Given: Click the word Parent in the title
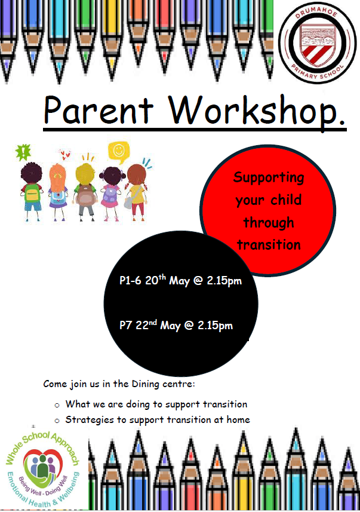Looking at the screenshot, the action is pos(99,110).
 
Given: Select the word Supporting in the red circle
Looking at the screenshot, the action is pos(269,178).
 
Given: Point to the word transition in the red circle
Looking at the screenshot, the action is pos(269,244).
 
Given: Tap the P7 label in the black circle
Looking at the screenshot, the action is pos(125,325).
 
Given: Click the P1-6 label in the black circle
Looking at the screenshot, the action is pos(130,280).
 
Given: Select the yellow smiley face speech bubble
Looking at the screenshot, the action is pos(119,152).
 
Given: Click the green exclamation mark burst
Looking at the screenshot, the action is pos(23,152).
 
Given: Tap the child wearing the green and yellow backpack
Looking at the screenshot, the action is pos(32,192).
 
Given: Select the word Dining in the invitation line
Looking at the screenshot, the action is pos(145,384).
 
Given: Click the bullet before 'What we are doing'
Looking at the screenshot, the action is pos(57,406).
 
